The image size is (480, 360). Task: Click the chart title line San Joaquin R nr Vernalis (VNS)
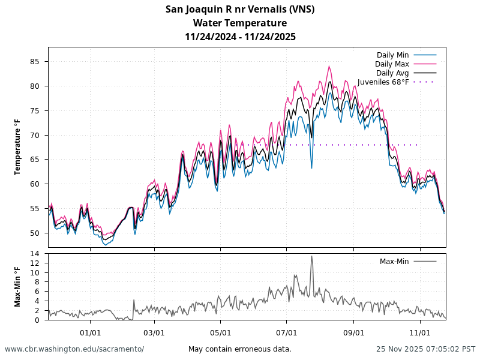coord(240,9)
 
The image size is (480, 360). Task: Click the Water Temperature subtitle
coord(240,23)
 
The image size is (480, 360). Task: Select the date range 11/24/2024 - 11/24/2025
coord(240,37)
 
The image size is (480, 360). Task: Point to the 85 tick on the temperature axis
coord(35,61)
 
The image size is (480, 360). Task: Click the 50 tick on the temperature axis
coord(35,233)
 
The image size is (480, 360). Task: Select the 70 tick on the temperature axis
coord(35,135)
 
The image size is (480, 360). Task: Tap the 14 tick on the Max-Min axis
coord(35,254)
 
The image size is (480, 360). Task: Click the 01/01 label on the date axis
coord(90,332)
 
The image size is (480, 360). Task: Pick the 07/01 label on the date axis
coord(287,332)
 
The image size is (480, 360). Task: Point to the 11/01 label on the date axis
coord(420,332)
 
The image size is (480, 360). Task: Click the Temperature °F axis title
coord(17,147)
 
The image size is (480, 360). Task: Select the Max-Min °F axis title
coord(17,287)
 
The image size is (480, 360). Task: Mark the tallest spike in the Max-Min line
coord(311,257)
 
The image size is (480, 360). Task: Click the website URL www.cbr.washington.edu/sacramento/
coord(74,349)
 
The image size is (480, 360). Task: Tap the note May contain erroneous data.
coord(240,349)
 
